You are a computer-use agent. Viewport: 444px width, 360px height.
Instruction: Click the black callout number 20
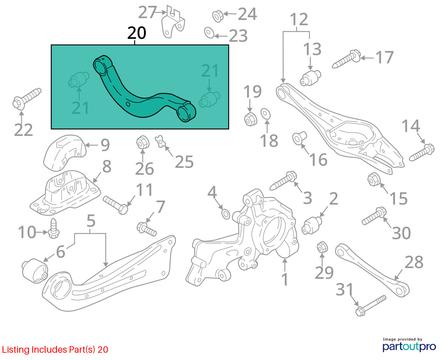[x=137, y=33]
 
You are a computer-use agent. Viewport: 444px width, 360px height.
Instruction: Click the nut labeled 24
[x=217, y=16]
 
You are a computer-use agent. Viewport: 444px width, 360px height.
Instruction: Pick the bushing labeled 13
[x=311, y=78]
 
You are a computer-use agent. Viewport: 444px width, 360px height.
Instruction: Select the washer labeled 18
[x=266, y=113]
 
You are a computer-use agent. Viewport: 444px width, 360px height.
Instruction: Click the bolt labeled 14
[x=422, y=153]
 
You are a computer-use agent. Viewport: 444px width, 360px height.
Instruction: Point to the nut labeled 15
[x=373, y=179]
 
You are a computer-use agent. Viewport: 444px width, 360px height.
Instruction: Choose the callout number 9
[x=105, y=145]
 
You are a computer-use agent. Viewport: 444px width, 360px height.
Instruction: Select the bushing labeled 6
[x=34, y=270]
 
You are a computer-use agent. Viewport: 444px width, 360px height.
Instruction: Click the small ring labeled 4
[x=225, y=214]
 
